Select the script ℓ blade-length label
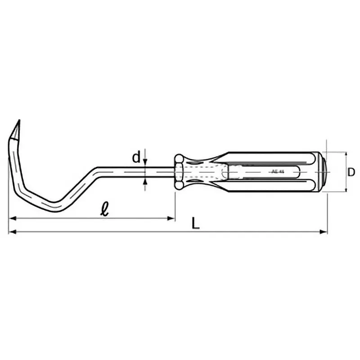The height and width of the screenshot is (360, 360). (x=104, y=209)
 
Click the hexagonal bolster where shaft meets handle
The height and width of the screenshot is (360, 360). (x=178, y=171)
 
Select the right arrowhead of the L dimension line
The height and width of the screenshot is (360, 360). (x=323, y=232)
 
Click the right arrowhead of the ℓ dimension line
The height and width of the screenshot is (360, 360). (x=171, y=219)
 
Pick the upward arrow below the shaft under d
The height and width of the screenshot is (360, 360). (x=145, y=181)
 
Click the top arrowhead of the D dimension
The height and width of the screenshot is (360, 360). (x=346, y=154)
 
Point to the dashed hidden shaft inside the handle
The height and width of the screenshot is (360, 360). (x=207, y=171)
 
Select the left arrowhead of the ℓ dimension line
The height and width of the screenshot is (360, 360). (x=12, y=219)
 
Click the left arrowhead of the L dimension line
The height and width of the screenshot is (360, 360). (x=12, y=232)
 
